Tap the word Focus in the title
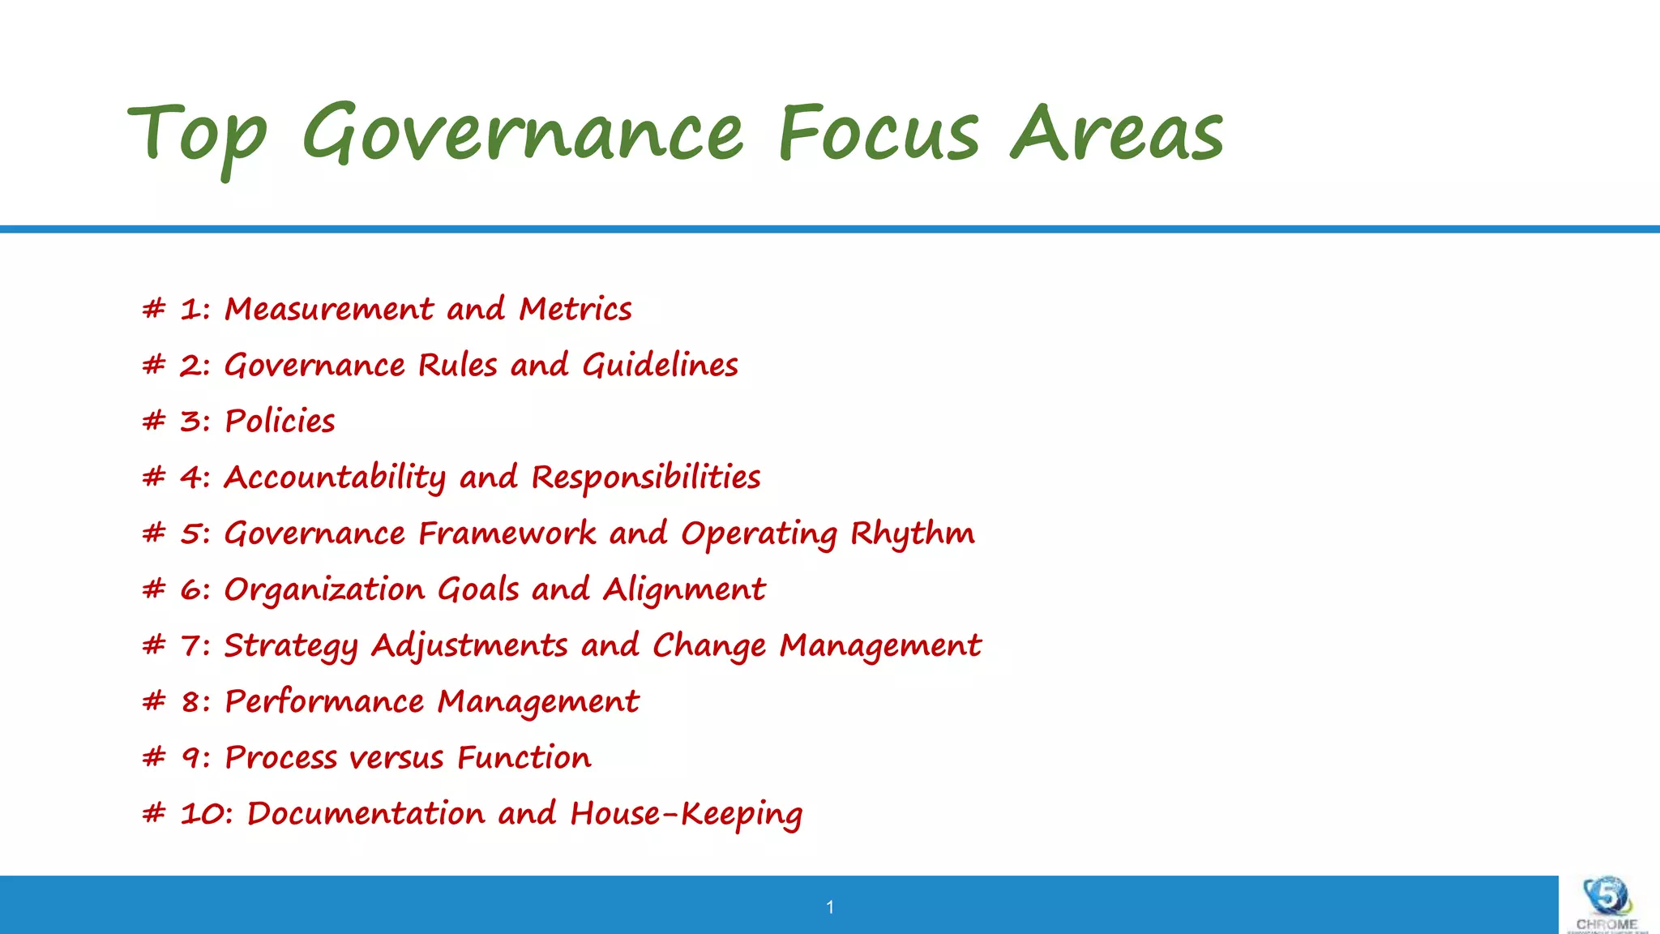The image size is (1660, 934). coord(879,133)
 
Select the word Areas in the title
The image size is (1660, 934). coord(1117,133)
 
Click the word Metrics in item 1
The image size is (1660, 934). coord(575,309)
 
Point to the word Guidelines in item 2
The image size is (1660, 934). coord(661,366)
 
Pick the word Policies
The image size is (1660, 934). coord(280,422)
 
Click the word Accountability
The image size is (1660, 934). coord(335,478)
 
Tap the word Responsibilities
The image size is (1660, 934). coord(646,478)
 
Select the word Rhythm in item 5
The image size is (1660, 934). coord(913,533)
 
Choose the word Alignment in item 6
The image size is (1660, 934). coord(684,589)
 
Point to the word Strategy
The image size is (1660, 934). coord(291,646)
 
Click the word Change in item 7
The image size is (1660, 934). coord(709,646)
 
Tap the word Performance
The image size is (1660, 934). coord(324,701)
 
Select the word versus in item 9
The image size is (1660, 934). coord(397,758)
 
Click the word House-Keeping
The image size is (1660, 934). coord(687,814)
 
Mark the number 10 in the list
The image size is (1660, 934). coord(206,813)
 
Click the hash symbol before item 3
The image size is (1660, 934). coord(153,421)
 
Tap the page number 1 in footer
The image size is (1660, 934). coord(830,907)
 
